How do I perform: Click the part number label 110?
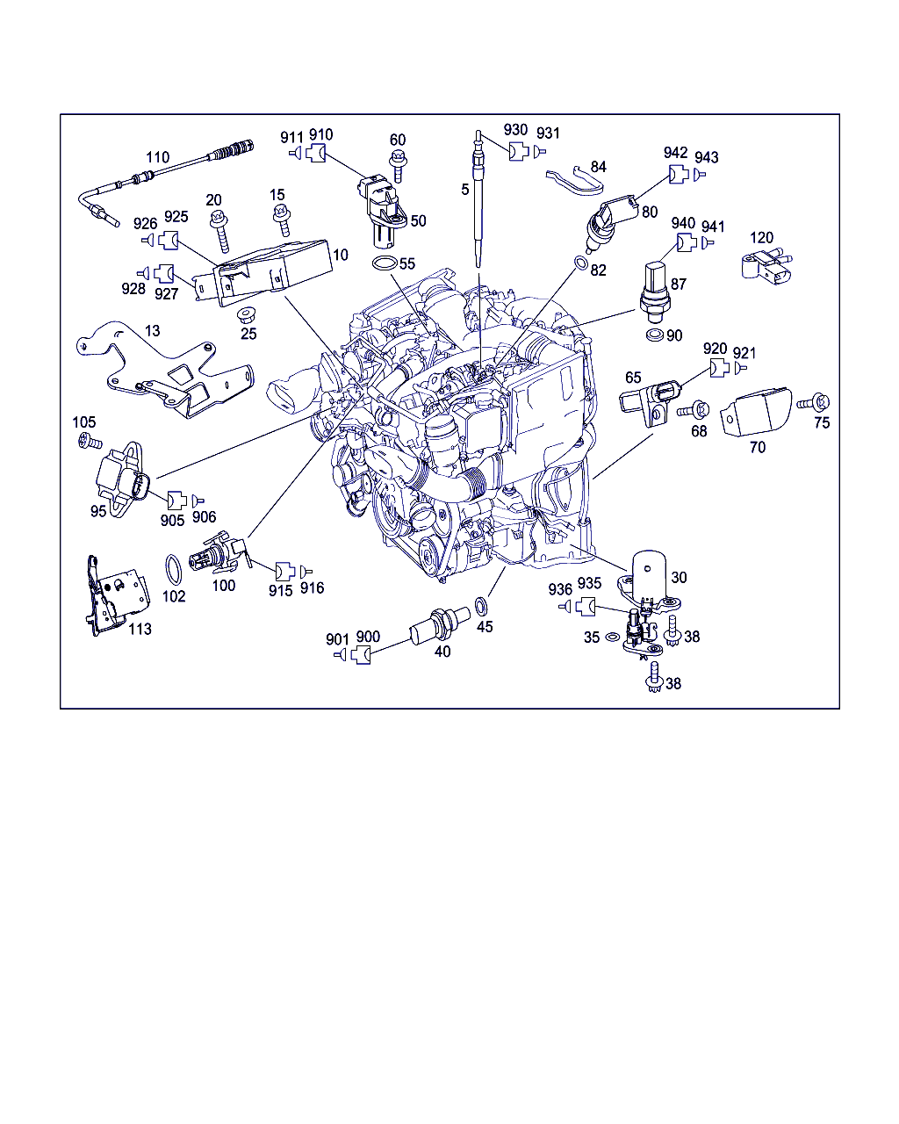(x=157, y=157)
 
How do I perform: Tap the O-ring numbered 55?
(x=385, y=263)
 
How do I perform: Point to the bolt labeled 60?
(x=398, y=166)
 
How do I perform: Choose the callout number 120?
(x=761, y=238)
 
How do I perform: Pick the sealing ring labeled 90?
(x=655, y=335)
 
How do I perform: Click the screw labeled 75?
(x=814, y=403)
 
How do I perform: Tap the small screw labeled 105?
(x=90, y=442)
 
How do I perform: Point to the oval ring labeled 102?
(x=174, y=570)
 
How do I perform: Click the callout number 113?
(x=140, y=629)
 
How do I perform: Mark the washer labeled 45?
(x=481, y=606)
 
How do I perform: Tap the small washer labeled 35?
(x=611, y=637)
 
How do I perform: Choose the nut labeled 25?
(x=245, y=316)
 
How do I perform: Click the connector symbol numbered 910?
(x=315, y=154)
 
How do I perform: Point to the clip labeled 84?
(x=575, y=181)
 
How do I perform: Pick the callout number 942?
(x=675, y=153)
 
